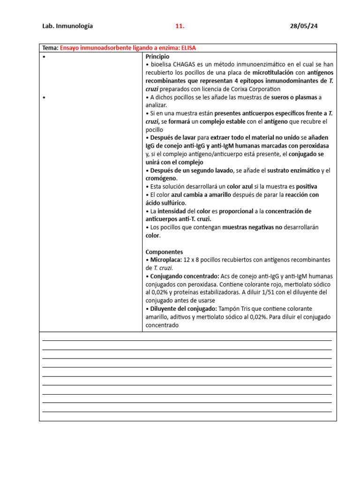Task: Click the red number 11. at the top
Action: [x=180, y=26]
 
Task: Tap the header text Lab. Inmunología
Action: [x=67, y=26]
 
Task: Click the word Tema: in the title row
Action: [x=50, y=48]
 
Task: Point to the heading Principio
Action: [x=157, y=56]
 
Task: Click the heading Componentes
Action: [x=164, y=252]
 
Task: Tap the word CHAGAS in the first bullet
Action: [x=186, y=64]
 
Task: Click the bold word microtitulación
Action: [x=273, y=73]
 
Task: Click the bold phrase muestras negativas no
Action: [x=252, y=227]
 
